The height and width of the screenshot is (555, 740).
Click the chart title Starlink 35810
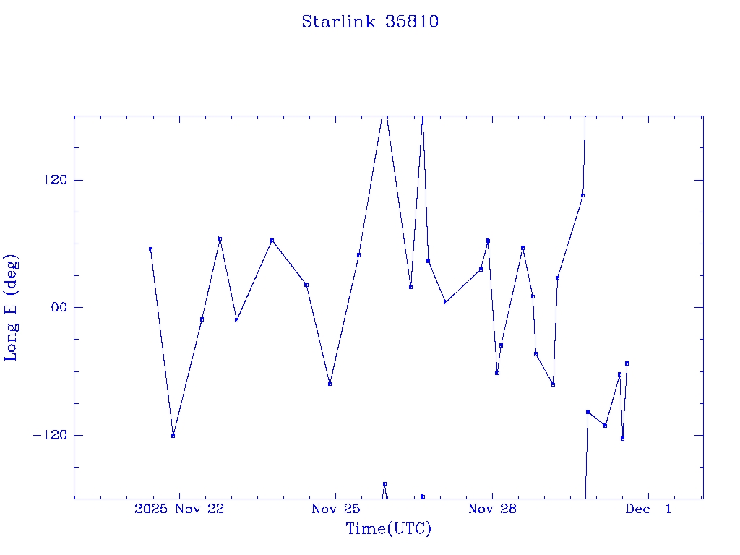click(370, 22)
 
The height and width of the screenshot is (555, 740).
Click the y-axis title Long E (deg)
click(12, 307)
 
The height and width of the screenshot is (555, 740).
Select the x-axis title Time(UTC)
click(389, 529)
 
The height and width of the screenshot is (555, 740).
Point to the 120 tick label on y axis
click(53, 180)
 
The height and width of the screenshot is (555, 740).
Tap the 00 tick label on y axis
click(56, 307)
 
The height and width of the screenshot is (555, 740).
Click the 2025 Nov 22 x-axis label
click(179, 509)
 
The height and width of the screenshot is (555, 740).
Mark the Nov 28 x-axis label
click(492, 509)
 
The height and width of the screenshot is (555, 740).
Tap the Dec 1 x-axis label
click(648, 509)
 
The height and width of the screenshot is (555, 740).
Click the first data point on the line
click(150, 249)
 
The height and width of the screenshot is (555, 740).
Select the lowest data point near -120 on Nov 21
click(173, 436)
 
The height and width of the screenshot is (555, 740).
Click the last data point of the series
click(627, 363)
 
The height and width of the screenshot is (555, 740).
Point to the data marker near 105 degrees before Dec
click(582, 195)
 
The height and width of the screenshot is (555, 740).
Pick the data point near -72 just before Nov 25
click(330, 384)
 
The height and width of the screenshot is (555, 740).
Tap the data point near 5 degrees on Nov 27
click(445, 302)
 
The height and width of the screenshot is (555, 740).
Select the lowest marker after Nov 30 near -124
click(622, 439)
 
